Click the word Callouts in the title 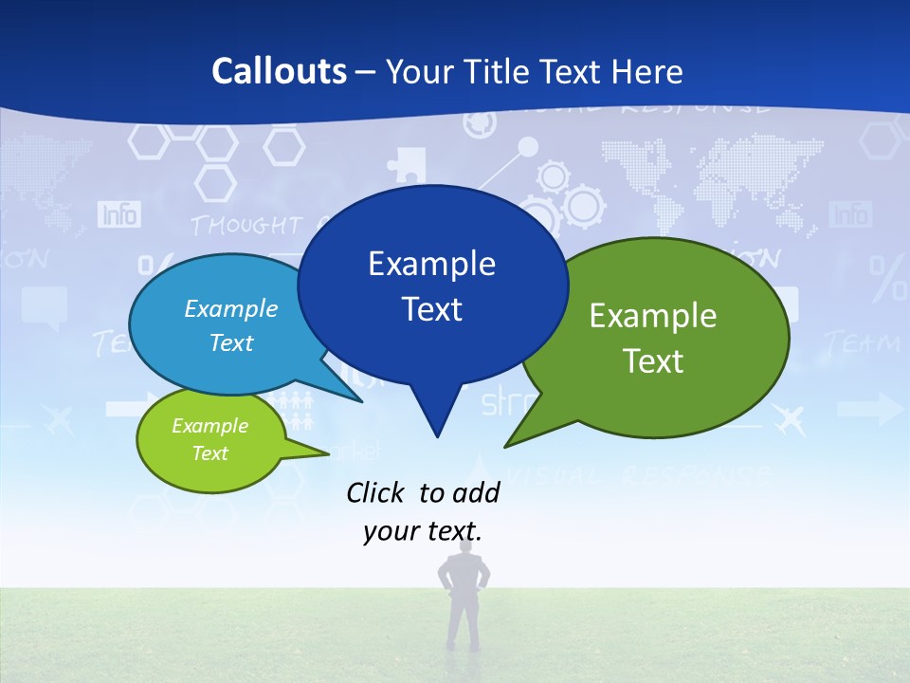pyautogui.click(x=279, y=71)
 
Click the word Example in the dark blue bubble pyautogui.click(x=431, y=264)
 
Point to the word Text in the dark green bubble pyautogui.click(x=653, y=361)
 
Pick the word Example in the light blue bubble pyautogui.click(x=231, y=309)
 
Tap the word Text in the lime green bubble pyautogui.click(x=209, y=453)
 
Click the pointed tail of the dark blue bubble pyautogui.click(x=436, y=427)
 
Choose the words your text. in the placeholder pyautogui.click(x=423, y=531)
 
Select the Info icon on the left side pyautogui.click(x=119, y=214)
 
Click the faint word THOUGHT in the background pyautogui.click(x=245, y=226)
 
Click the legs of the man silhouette pyautogui.click(x=464, y=621)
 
